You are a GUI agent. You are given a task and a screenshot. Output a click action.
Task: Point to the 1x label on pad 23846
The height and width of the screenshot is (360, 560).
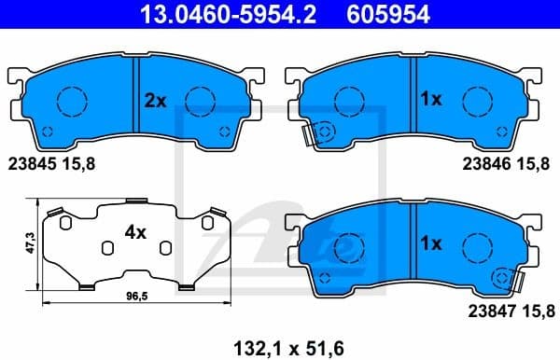tap(430, 98)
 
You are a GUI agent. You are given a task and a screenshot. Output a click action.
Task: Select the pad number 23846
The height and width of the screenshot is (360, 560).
tap(485, 162)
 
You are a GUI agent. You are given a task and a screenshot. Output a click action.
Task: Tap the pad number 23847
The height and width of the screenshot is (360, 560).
tap(485, 307)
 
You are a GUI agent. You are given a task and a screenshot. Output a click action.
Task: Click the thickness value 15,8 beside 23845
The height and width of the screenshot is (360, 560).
tap(81, 162)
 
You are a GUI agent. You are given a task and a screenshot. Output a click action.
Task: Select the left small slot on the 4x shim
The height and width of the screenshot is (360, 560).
tap(107, 245)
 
